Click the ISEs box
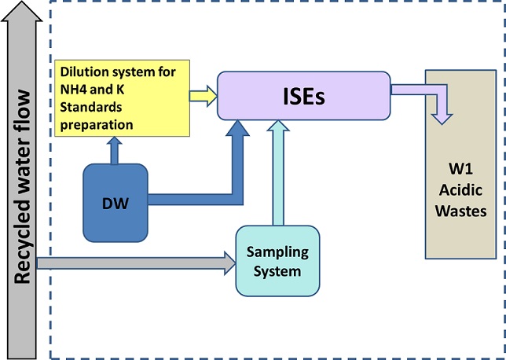pyautogui.click(x=303, y=95)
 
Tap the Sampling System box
pyautogui.click(x=277, y=261)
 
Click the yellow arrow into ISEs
pyautogui.click(x=203, y=96)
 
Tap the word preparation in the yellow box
pyautogui.click(x=97, y=125)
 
